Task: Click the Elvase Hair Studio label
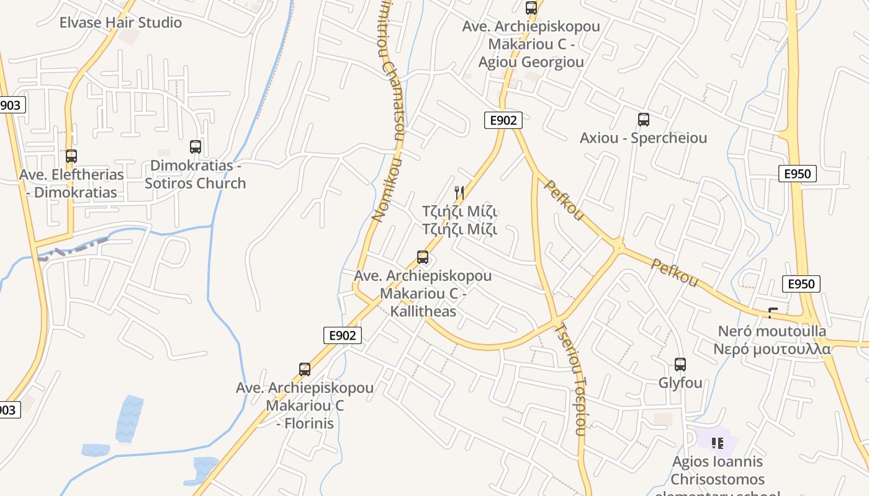click(x=120, y=23)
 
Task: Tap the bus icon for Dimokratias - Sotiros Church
click(x=196, y=147)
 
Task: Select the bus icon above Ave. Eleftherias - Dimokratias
click(x=71, y=156)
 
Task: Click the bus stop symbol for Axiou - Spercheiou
click(x=644, y=120)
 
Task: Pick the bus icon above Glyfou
click(x=680, y=365)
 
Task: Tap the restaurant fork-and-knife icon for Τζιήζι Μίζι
click(x=459, y=193)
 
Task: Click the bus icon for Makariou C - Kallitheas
click(x=423, y=257)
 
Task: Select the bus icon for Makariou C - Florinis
click(x=305, y=370)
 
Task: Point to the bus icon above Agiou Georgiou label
click(x=531, y=8)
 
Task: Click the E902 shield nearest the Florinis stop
click(x=342, y=335)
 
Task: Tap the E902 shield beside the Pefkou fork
click(x=503, y=120)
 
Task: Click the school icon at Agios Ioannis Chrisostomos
click(x=718, y=443)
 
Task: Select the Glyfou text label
click(x=680, y=383)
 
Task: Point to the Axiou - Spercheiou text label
click(x=643, y=138)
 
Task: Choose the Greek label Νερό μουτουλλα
click(x=772, y=348)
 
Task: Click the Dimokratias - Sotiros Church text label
click(x=196, y=174)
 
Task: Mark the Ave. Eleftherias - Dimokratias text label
click(x=71, y=184)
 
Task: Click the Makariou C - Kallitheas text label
click(x=423, y=293)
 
